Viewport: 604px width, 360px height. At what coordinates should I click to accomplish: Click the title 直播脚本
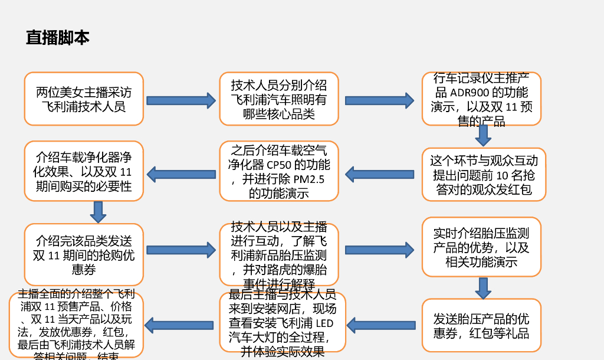click(x=57, y=38)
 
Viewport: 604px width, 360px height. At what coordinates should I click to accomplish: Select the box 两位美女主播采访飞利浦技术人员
click(x=84, y=99)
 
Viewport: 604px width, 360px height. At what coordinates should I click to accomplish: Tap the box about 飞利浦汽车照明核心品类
click(x=279, y=99)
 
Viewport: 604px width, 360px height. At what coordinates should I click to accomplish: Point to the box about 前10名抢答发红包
click(x=484, y=175)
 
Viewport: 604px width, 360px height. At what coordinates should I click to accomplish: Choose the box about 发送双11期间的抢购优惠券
click(x=84, y=255)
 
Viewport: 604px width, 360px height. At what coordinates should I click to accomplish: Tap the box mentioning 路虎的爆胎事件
click(x=279, y=255)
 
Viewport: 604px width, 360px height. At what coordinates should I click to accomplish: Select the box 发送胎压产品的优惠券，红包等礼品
click(x=481, y=326)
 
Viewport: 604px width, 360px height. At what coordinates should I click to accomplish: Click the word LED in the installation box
click(x=324, y=323)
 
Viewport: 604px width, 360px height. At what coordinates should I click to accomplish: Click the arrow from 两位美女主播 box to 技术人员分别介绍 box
click(x=181, y=100)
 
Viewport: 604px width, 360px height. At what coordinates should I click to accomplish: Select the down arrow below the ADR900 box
click(x=483, y=135)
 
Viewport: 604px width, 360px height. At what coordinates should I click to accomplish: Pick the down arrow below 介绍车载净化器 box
click(x=98, y=211)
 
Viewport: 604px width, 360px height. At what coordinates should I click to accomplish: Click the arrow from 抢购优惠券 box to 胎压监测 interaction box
click(x=181, y=250)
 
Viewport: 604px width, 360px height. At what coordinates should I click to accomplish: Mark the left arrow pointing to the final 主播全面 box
click(x=179, y=324)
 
